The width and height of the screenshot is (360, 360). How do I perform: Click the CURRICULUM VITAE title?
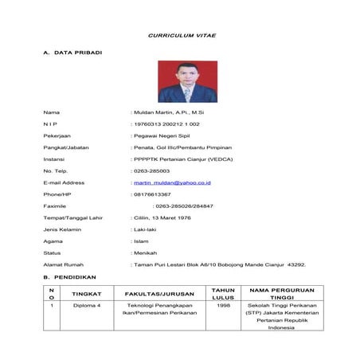[182, 36]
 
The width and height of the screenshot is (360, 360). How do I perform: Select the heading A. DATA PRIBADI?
[72, 53]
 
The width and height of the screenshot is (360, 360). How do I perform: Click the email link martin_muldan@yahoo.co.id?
[172, 182]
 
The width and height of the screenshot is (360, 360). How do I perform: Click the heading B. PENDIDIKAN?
[69, 277]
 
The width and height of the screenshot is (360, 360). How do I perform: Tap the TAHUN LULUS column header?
[223, 293]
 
